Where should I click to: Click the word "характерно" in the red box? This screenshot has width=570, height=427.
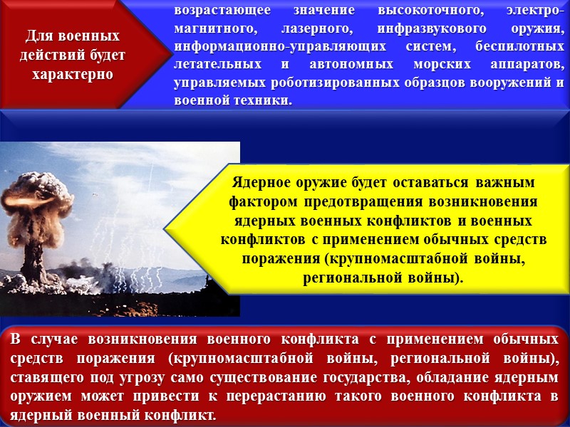coord(73,73)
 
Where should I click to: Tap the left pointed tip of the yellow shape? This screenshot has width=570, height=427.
coord(165,228)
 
